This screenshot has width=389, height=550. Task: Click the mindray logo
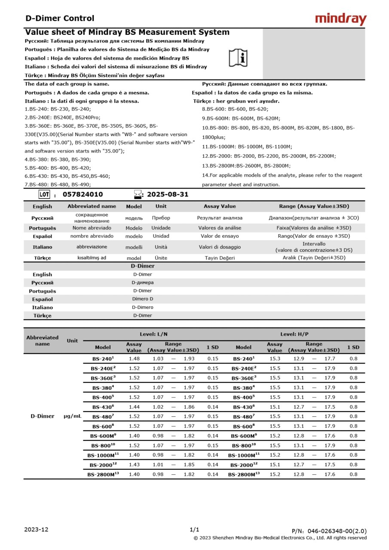point(340,19)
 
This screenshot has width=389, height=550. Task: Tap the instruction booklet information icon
point(238,58)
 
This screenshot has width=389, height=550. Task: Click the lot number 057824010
point(83,194)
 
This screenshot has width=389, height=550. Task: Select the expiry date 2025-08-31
point(168,194)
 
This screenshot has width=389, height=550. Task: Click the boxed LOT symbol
point(44,194)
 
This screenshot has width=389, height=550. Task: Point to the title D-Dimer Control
point(60,18)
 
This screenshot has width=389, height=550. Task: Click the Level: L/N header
point(153,334)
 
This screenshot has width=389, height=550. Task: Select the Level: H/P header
point(294,334)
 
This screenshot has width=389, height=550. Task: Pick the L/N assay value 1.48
point(134,358)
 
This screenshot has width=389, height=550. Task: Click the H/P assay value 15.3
point(275,358)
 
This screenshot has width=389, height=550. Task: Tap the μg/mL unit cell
point(73,416)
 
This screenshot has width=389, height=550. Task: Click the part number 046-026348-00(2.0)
point(329,531)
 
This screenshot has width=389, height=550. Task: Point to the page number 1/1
point(194,529)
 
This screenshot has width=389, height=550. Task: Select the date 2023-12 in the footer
point(37,529)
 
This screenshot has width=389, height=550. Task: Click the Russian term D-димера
point(143,283)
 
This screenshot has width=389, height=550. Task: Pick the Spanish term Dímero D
point(143,299)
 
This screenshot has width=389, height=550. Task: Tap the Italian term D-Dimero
point(143,307)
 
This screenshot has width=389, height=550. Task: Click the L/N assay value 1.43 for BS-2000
point(134,464)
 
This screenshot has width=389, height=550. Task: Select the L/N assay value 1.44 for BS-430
point(134,406)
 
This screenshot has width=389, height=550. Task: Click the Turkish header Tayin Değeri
point(220,258)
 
